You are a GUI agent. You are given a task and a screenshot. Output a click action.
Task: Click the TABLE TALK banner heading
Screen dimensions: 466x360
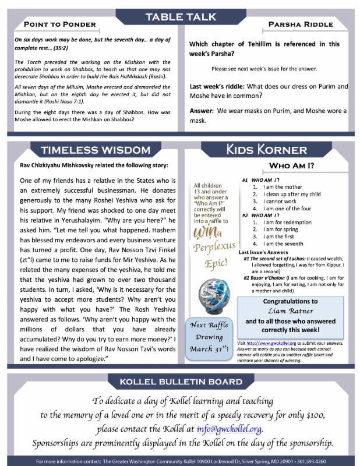click(181, 16)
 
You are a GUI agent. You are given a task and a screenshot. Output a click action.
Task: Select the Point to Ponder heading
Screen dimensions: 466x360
click(57, 24)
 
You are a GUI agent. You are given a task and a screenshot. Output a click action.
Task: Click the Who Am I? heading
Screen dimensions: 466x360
click(291, 167)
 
